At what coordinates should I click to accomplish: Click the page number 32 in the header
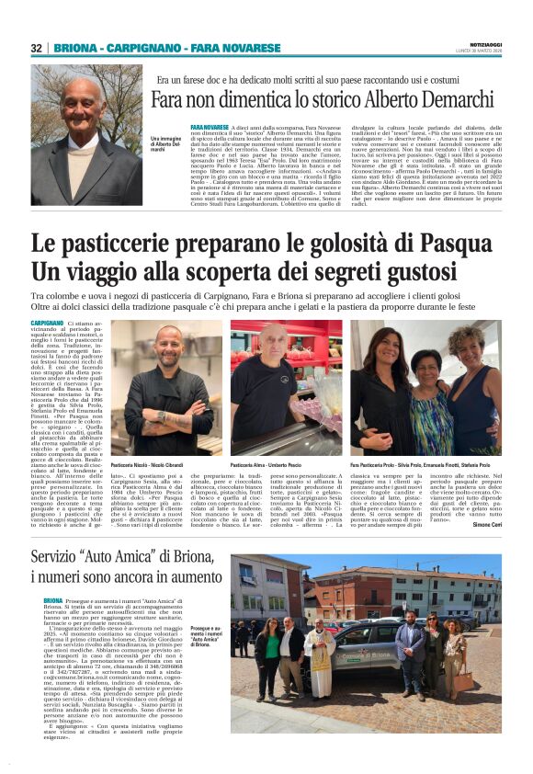(36, 48)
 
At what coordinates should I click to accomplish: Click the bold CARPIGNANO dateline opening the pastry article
(47, 324)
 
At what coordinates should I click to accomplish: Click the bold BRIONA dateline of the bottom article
(53, 599)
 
